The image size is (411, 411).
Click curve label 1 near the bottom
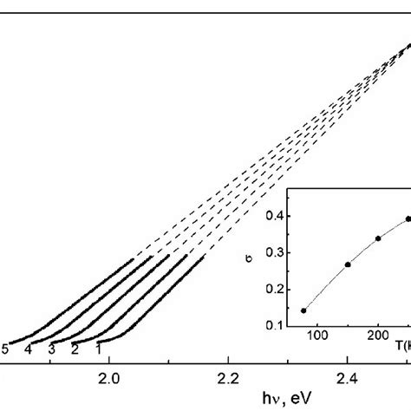(99, 349)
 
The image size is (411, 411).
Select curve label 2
(75, 349)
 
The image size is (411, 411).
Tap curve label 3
(52, 349)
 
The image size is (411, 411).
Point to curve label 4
(29, 349)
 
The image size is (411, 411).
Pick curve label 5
(6, 349)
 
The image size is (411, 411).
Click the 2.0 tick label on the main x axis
(108, 378)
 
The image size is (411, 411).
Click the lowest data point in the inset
(303, 310)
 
